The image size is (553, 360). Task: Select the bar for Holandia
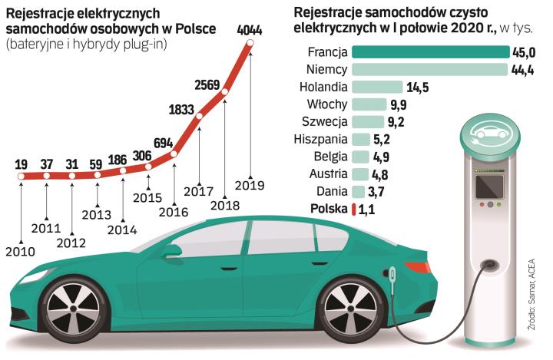click(377, 87)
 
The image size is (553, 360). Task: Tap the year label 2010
click(19, 250)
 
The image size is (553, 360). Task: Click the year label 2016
click(175, 212)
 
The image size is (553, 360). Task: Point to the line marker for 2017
click(200, 117)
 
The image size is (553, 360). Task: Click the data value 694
click(164, 143)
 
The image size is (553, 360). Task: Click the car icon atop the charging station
click(485, 132)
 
